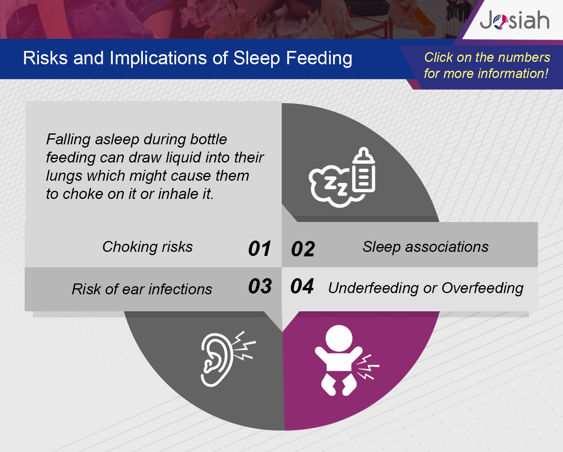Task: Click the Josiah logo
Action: click(x=514, y=20)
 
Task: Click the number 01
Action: click(x=259, y=248)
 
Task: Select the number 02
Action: click(x=303, y=249)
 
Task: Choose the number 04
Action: click(x=302, y=286)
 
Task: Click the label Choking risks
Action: click(x=148, y=247)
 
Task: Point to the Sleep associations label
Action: click(x=425, y=247)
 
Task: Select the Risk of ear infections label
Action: click(x=142, y=289)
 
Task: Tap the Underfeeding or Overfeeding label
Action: click(x=426, y=288)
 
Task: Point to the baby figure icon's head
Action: click(x=339, y=338)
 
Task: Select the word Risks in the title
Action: click(x=45, y=58)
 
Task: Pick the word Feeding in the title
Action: click(x=319, y=58)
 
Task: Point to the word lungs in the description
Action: click(x=64, y=176)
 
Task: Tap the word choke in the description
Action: click(x=83, y=194)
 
